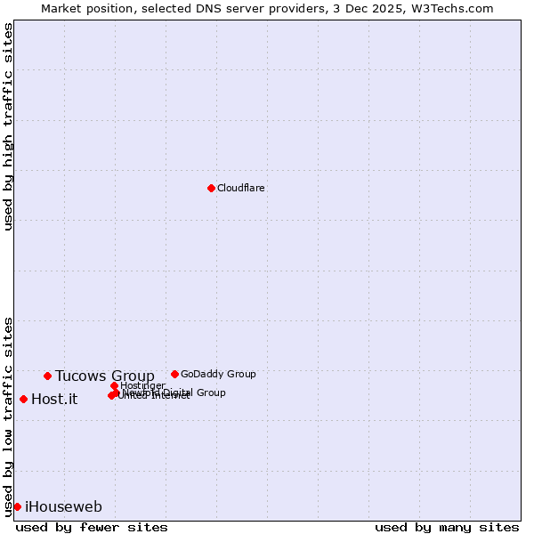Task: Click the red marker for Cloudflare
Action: tap(211, 188)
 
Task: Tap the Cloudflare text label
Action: tap(241, 188)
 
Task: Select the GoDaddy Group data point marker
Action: tap(174, 374)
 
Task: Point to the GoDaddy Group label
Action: tap(218, 374)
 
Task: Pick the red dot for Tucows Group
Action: tap(47, 376)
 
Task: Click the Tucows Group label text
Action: tap(105, 376)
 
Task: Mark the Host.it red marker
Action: tap(23, 399)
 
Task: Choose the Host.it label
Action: tap(54, 399)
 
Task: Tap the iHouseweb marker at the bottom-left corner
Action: tap(17, 506)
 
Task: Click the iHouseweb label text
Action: tap(63, 506)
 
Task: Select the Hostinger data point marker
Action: tap(114, 385)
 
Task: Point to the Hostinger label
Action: tap(142, 384)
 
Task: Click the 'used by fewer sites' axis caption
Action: tap(92, 527)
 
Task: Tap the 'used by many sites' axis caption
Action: tap(447, 527)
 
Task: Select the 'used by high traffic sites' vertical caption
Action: tap(8, 126)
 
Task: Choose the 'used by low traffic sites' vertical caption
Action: tap(8, 416)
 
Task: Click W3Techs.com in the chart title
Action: tap(453, 8)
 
